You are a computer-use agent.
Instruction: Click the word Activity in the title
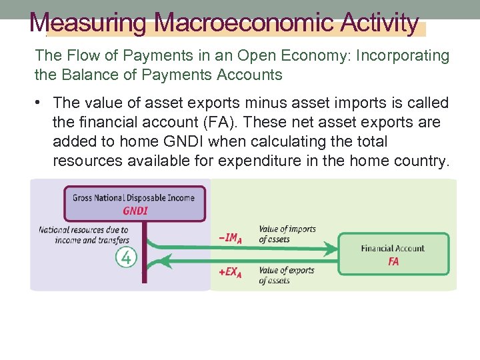379,23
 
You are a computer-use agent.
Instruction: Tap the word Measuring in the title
87,23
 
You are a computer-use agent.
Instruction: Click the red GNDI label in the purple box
135,211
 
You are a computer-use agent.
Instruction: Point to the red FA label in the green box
393,261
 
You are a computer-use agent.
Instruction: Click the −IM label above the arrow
230,237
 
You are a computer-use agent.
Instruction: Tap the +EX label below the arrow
230,273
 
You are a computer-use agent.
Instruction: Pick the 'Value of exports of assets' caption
286,275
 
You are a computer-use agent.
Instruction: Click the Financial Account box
393,254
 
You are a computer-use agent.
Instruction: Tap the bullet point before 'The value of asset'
40,103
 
